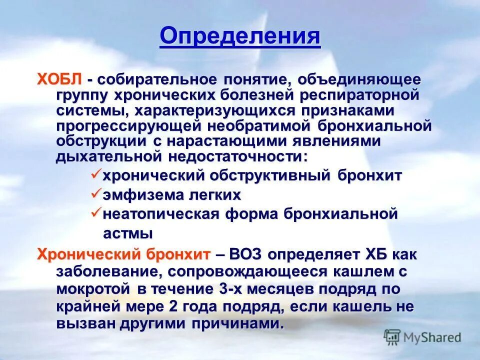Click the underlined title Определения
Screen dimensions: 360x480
coord(240,36)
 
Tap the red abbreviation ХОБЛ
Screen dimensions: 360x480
coord(59,80)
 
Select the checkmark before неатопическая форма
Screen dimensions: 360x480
coord(95,213)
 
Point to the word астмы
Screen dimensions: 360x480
coord(127,233)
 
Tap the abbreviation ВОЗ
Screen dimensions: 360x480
coord(246,254)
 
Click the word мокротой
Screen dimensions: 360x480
coord(86,289)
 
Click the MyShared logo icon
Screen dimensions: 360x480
coord(392,336)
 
